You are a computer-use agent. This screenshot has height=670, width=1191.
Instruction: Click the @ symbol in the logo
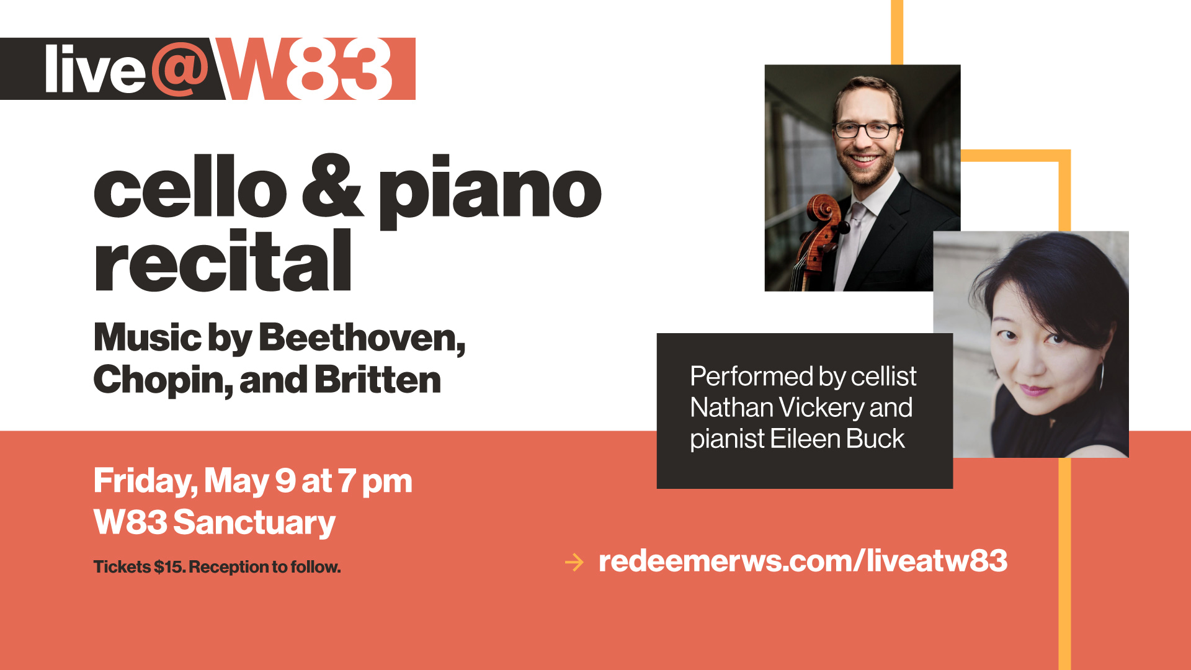[x=181, y=69]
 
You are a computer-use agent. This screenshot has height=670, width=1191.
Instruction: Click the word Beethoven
[x=362, y=339]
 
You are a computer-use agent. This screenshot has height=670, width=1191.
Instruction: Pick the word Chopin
[x=163, y=380]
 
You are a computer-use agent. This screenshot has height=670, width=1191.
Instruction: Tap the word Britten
[x=378, y=379]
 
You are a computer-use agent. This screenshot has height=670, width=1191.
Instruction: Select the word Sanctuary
[x=254, y=523]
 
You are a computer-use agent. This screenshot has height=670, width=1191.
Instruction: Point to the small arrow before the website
[x=574, y=562]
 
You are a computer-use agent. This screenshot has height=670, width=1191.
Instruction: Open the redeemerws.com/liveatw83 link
[x=803, y=561]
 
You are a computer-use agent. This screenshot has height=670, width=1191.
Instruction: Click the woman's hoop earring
[x=1102, y=376]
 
